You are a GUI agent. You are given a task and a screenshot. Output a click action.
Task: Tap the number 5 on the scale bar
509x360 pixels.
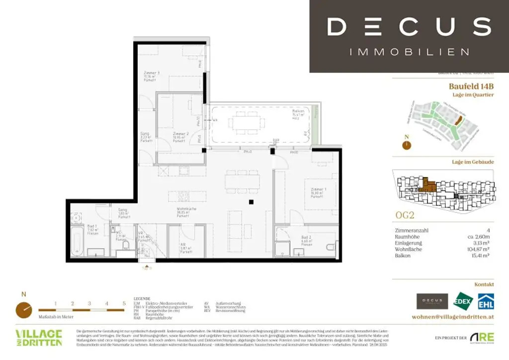coord(123,303)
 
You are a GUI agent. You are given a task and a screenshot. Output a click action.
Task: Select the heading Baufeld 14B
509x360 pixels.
coord(471,87)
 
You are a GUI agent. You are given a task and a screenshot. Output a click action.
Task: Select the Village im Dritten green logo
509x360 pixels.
coord(39,337)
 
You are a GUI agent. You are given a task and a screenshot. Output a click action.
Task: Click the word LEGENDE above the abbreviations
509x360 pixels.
coord(142,298)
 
